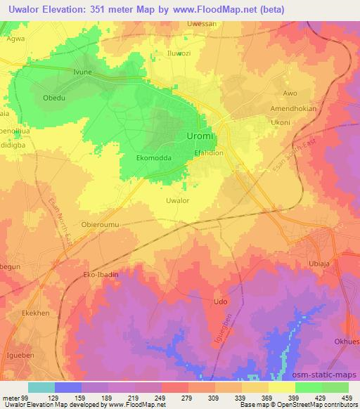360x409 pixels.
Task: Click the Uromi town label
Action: (200, 135)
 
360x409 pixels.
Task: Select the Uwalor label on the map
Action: (177, 200)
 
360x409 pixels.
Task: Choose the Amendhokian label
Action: (295, 109)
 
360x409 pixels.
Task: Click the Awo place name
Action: (290, 93)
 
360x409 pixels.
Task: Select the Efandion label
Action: (209, 152)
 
